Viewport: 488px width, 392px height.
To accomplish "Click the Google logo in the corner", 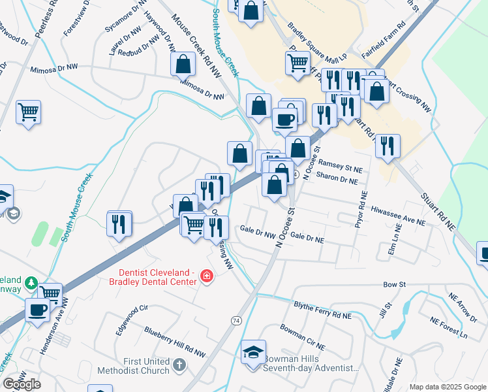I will click(22, 384).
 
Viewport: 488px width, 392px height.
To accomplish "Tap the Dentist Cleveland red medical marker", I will click(207, 277).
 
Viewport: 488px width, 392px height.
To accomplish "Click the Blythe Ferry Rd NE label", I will click(322, 310).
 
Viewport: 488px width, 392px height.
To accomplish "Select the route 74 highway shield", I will click(236, 321).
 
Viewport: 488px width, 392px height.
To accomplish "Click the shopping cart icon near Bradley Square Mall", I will click(297, 63).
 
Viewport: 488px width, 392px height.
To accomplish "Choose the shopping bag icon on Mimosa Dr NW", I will click(183, 65).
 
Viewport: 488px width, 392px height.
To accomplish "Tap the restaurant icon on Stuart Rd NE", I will click(388, 146).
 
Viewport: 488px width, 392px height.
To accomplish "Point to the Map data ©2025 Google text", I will click(448, 387).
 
